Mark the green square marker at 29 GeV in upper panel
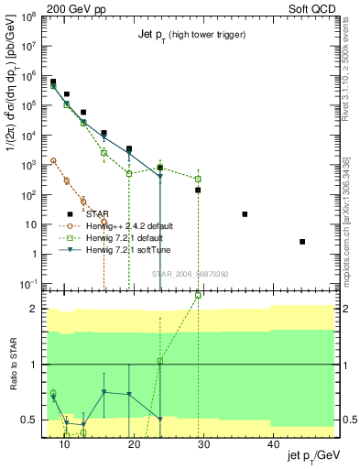tap(198, 179)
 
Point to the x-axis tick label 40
tap(273, 444)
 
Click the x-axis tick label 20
tap(134, 444)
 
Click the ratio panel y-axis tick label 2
tap(37, 309)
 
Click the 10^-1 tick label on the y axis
tap(30, 285)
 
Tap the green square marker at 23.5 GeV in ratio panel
tap(159, 361)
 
